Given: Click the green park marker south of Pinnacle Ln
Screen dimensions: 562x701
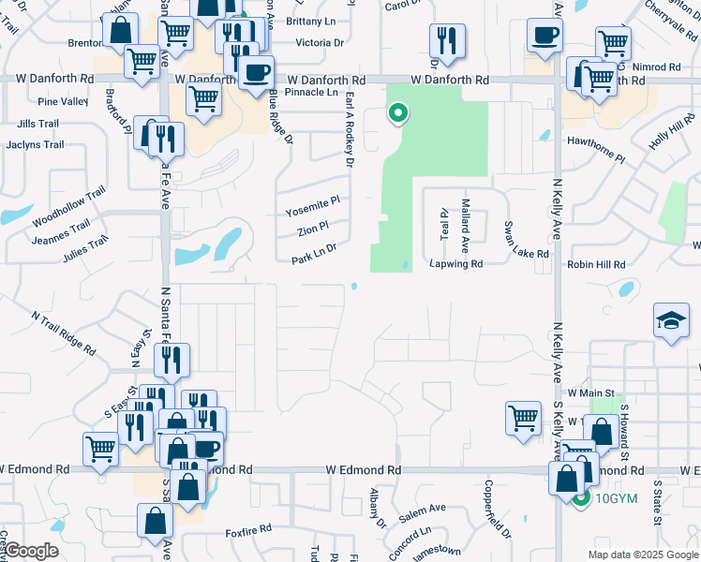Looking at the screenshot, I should click(398, 114).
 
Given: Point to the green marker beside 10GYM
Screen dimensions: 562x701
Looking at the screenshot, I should click(581, 497).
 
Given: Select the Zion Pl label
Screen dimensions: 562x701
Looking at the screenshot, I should click(313, 228).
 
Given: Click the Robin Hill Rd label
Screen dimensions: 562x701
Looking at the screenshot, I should click(595, 265).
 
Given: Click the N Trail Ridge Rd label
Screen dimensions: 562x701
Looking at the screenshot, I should click(64, 332).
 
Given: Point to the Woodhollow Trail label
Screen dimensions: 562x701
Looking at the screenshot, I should click(68, 208).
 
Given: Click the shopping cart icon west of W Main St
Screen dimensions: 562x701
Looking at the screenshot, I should click(522, 417).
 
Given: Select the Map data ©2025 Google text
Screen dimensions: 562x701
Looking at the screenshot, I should click(642, 555).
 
